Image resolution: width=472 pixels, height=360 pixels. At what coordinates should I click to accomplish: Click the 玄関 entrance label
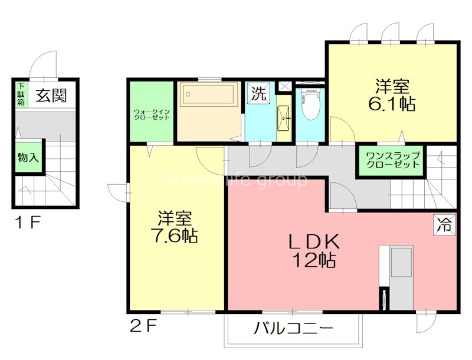[x=50, y=95]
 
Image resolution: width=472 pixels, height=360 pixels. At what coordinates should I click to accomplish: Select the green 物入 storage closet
[x=28, y=158]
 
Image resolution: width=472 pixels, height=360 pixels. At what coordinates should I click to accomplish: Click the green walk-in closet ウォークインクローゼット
[x=152, y=112]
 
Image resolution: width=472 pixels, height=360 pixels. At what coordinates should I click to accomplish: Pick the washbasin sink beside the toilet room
[x=284, y=118]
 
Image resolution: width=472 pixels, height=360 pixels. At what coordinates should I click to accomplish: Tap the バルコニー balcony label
[x=294, y=328]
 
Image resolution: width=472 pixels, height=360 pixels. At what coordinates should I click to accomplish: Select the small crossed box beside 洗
[x=284, y=86]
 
